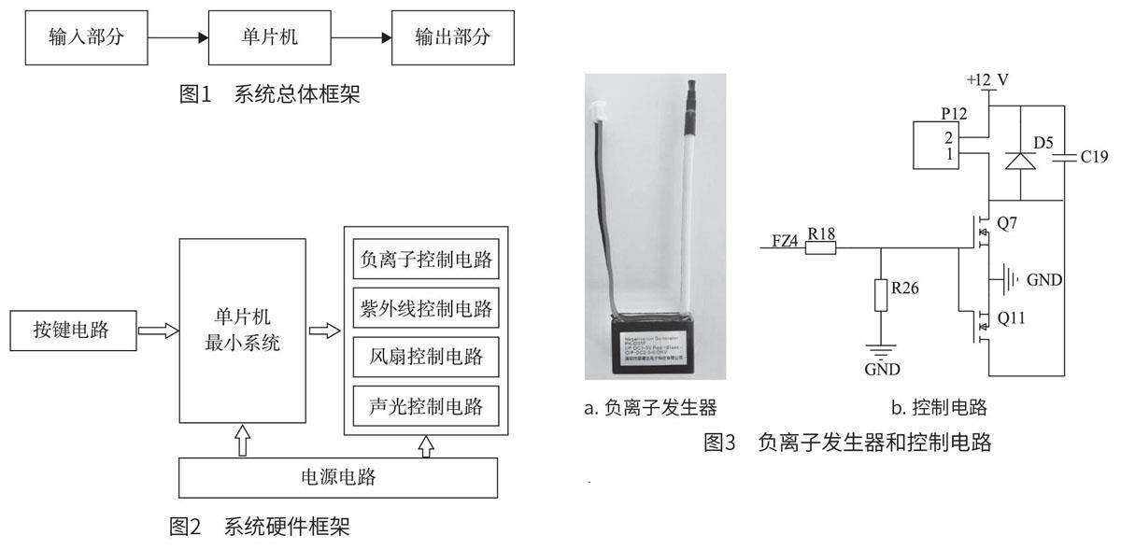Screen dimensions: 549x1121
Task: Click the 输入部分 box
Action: click(85, 39)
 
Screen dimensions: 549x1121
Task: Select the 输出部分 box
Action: click(452, 39)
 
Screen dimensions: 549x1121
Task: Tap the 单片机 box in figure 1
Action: click(268, 39)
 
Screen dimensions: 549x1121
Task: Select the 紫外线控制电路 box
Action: click(425, 306)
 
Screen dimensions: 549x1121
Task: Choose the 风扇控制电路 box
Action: click(425, 358)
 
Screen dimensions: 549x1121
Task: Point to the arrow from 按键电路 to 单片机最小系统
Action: click(156, 331)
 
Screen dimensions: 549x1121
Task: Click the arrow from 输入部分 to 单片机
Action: click(177, 39)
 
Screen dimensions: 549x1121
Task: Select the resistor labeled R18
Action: click(820, 249)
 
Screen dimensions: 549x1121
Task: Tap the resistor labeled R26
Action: click(880, 294)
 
